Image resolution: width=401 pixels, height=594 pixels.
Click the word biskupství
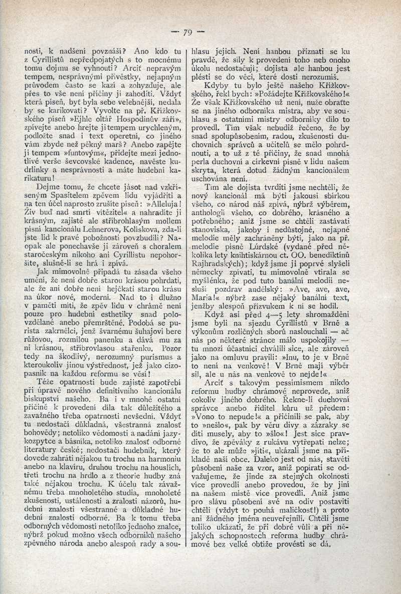[43, 374]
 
